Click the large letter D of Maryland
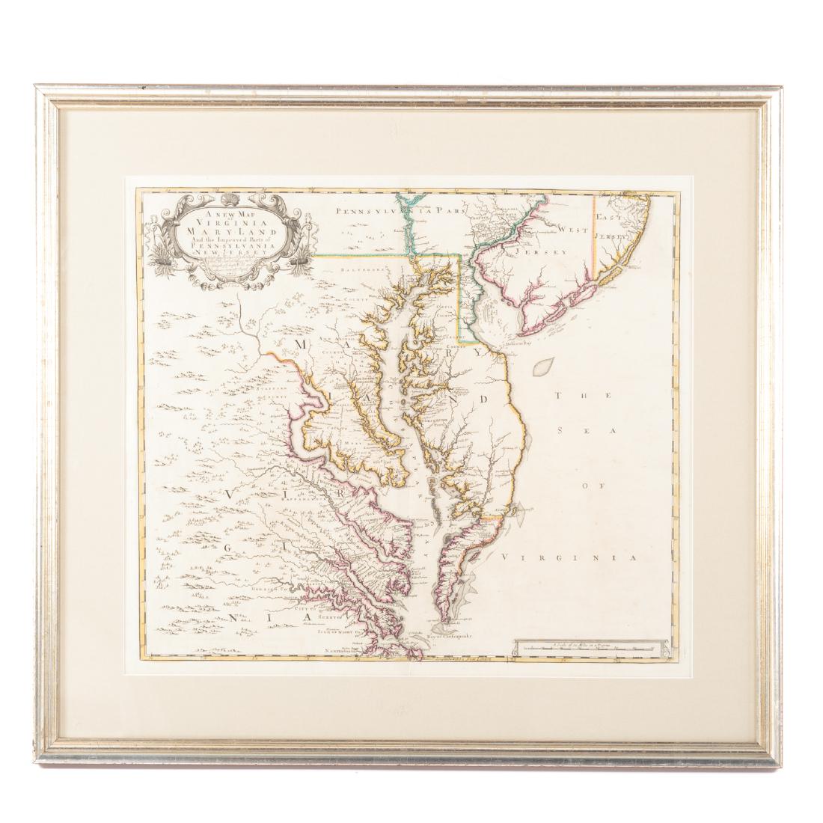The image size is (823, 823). pyautogui.click(x=485, y=398)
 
